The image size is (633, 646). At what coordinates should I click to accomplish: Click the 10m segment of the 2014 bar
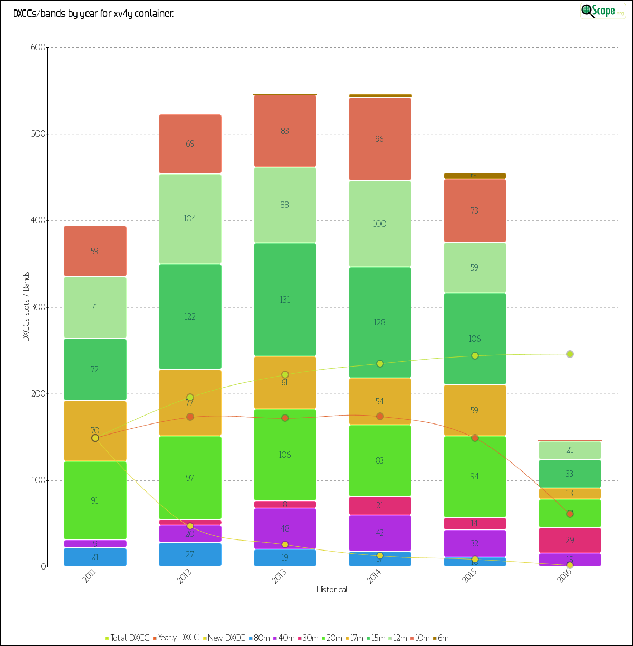pos(380,139)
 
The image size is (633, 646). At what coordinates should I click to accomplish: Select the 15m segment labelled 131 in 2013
pos(285,300)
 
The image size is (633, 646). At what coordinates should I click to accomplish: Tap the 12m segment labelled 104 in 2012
pos(190,219)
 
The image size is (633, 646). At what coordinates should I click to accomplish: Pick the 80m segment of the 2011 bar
pos(95,557)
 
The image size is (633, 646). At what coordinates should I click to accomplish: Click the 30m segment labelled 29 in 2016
pos(570,540)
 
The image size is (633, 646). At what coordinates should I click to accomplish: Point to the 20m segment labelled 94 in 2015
pos(475,476)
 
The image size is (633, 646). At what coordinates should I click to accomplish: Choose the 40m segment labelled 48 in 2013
pos(285,529)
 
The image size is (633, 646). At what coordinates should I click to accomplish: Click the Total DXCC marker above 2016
pos(570,354)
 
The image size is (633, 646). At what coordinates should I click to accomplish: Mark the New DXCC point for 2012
pos(190,526)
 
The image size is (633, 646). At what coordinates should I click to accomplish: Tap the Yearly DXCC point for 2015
pos(475,438)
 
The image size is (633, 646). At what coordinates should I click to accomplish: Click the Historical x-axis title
pos(332,589)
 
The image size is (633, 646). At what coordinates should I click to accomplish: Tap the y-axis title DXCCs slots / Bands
pos(26,307)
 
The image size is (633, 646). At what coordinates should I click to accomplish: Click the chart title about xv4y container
pos(93,14)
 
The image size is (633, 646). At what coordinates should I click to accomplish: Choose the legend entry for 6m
pos(440,638)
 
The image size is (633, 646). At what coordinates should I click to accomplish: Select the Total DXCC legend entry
pos(127,638)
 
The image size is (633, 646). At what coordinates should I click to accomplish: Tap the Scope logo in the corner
pos(602,11)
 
